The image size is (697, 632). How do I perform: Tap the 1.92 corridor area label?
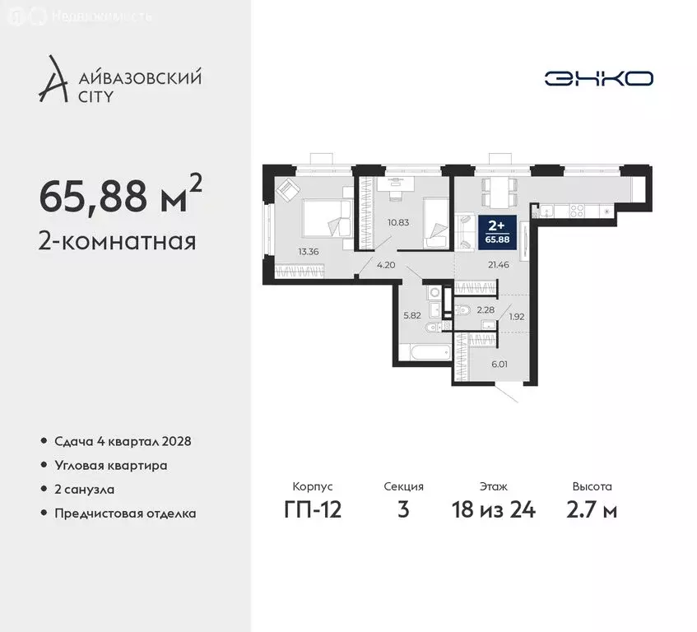point(517,316)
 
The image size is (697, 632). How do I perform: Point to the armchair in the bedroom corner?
point(289,192)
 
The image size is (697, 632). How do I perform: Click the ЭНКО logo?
point(598,78)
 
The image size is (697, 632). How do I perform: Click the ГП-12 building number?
point(313,509)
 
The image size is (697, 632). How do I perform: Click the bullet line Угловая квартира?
point(111,466)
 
